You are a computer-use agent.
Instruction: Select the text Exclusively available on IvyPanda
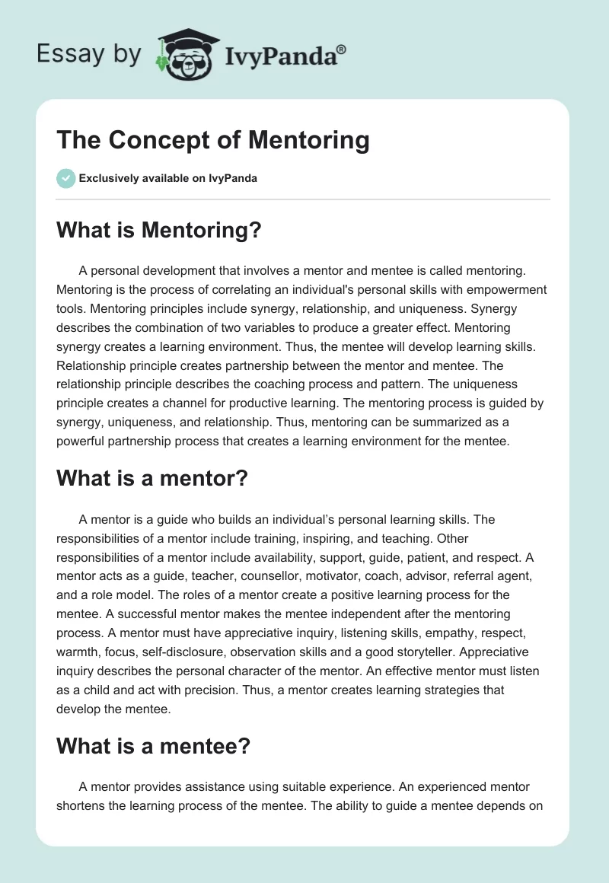pos(168,179)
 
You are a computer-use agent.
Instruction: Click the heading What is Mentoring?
pos(159,231)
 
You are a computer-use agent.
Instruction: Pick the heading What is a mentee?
pos(153,746)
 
